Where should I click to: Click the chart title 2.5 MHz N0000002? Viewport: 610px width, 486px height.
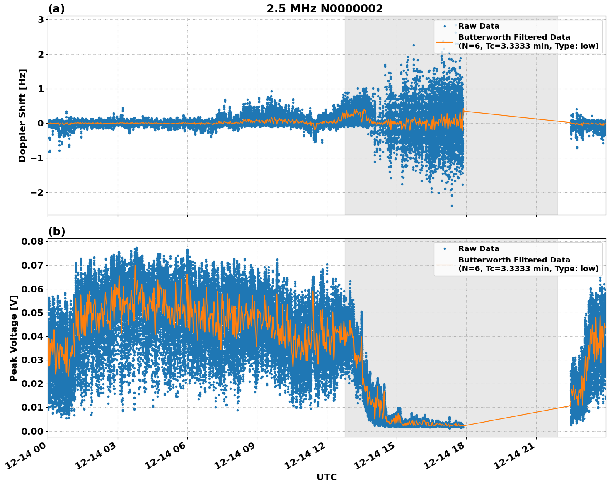(324, 9)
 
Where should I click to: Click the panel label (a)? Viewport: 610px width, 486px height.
(56, 9)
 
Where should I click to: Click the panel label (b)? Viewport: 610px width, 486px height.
(57, 231)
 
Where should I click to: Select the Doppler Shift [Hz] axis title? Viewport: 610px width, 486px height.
(22, 115)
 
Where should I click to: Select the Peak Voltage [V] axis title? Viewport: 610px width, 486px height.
(14, 338)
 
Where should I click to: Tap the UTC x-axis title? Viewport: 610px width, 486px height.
(327, 477)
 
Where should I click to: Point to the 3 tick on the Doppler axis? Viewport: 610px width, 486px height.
(40, 20)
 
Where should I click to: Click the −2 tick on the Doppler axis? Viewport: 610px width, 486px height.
(37, 193)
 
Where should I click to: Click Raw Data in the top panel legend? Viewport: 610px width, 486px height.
(479, 26)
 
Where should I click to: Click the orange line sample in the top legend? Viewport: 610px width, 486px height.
(444, 42)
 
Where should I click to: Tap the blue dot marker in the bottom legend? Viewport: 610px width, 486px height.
(444, 249)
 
